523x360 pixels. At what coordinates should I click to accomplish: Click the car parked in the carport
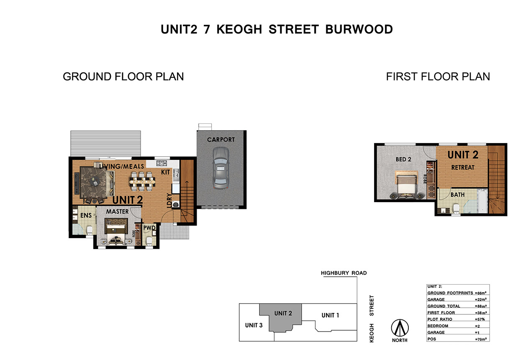(x=220, y=168)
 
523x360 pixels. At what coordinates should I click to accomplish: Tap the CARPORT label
(x=221, y=140)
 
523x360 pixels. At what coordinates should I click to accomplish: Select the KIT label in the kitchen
(x=165, y=172)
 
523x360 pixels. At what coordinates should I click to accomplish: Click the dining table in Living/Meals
(x=142, y=181)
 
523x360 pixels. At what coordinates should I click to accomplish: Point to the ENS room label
(x=86, y=215)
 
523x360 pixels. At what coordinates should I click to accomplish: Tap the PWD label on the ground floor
(x=149, y=228)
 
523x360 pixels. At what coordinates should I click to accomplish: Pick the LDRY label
(x=169, y=201)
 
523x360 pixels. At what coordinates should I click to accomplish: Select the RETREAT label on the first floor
(x=463, y=167)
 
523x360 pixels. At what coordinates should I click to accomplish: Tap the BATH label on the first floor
(x=457, y=195)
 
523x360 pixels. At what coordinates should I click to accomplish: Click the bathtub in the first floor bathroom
(x=482, y=202)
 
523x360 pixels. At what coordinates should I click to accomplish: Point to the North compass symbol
(x=400, y=328)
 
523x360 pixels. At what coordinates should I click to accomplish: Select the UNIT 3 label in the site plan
(x=254, y=325)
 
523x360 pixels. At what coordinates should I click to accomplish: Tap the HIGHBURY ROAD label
(x=344, y=273)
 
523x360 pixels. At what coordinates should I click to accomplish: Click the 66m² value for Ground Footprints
(x=481, y=293)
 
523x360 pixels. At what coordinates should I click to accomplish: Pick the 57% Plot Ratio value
(x=480, y=319)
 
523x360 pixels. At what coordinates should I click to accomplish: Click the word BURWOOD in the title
(x=359, y=29)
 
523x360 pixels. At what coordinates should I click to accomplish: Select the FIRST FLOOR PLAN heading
(x=438, y=77)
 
